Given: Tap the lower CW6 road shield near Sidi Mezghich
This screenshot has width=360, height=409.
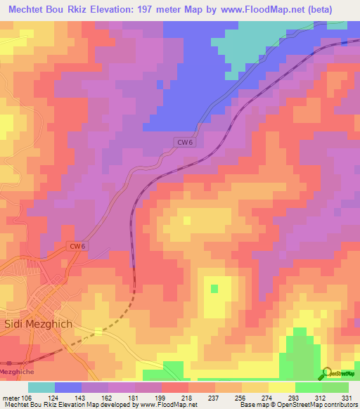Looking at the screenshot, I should [x=78, y=246].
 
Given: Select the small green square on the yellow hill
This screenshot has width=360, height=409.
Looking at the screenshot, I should [x=214, y=288].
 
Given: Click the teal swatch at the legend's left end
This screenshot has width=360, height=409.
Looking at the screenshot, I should [x=41, y=387].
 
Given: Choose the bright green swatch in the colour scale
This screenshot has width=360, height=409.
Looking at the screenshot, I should [x=309, y=387].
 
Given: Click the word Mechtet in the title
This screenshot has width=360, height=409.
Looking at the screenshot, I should [x=26, y=11].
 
